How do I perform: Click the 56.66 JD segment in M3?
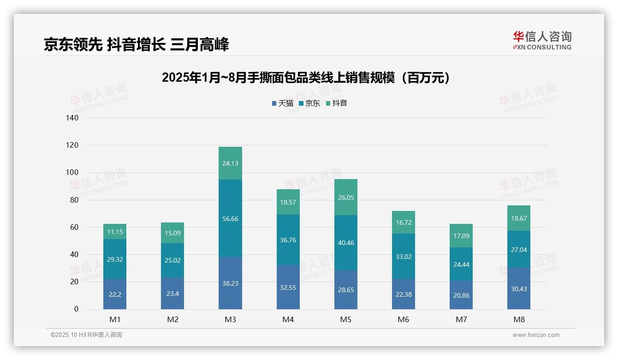(230, 218)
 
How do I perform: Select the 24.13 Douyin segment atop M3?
(230, 163)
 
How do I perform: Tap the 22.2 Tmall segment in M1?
(115, 294)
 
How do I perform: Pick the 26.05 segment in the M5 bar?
(345, 197)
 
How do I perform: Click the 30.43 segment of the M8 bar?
(519, 288)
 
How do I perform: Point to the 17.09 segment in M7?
(461, 236)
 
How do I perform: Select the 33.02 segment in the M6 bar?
(404, 256)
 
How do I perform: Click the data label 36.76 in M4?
(288, 240)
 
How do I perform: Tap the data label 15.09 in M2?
(172, 233)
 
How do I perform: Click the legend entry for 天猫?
(282, 103)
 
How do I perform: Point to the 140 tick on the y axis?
(73, 118)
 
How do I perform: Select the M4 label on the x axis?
(288, 319)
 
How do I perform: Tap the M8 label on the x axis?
(519, 319)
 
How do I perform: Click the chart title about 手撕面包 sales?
(306, 78)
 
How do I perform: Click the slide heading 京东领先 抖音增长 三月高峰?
(136, 44)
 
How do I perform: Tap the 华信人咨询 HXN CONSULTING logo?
(542, 40)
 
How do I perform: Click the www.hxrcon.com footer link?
(536, 335)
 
